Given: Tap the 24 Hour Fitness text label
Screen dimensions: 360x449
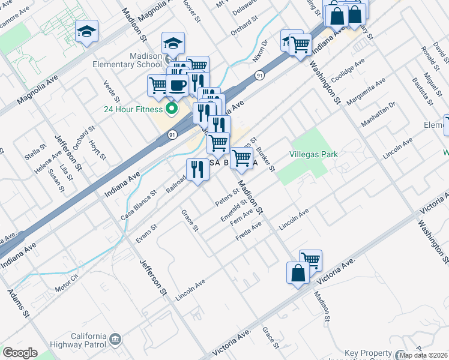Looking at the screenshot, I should point(133,109).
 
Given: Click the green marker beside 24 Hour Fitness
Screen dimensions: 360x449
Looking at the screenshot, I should point(171,109).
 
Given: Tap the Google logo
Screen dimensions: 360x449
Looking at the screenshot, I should point(20,353).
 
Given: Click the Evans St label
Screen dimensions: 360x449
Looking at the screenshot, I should point(146,233).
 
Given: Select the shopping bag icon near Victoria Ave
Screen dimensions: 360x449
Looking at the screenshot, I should point(298,272).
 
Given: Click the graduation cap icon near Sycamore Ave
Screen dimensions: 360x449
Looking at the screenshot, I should point(86,31).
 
